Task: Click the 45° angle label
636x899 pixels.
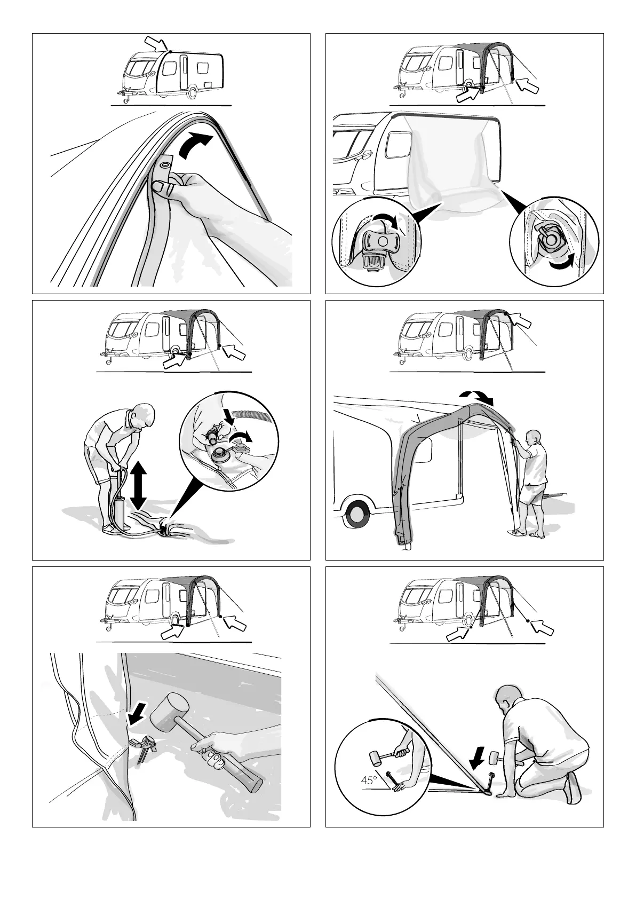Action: click(x=369, y=780)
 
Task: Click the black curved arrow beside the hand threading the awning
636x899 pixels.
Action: click(x=195, y=146)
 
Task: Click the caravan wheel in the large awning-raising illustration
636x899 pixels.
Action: click(x=355, y=514)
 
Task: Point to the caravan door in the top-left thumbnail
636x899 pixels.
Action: click(x=184, y=73)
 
